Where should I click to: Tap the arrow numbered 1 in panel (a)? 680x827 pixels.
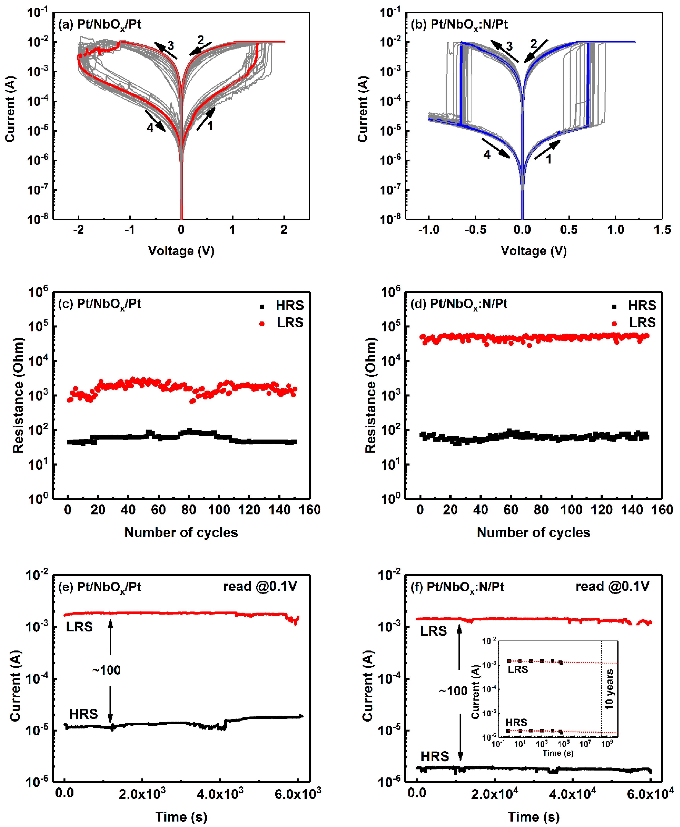coord(206,119)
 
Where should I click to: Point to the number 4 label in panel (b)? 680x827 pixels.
coord(487,155)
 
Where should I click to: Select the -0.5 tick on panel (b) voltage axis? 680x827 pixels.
coord(475,230)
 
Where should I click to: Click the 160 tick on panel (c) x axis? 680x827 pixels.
coord(309,510)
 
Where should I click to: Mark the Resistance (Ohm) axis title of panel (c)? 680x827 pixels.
coord(18,396)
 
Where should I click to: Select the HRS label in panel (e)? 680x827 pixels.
coord(83,714)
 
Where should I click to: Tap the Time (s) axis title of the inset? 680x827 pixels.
coord(558,753)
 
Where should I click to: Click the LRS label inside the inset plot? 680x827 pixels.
coord(518,670)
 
